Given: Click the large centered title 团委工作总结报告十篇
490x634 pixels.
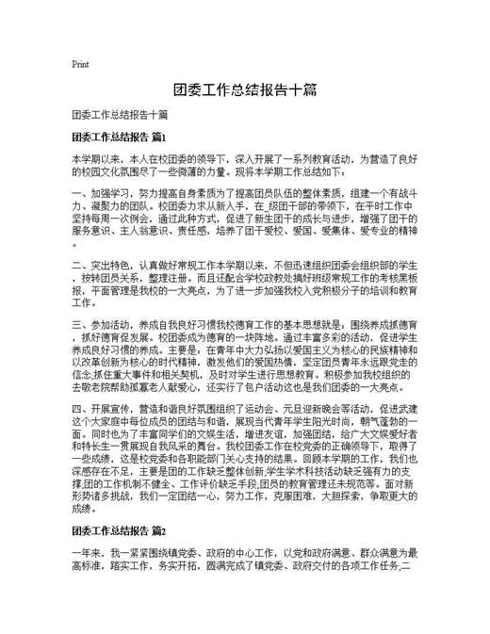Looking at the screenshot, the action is tap(244, 92).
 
